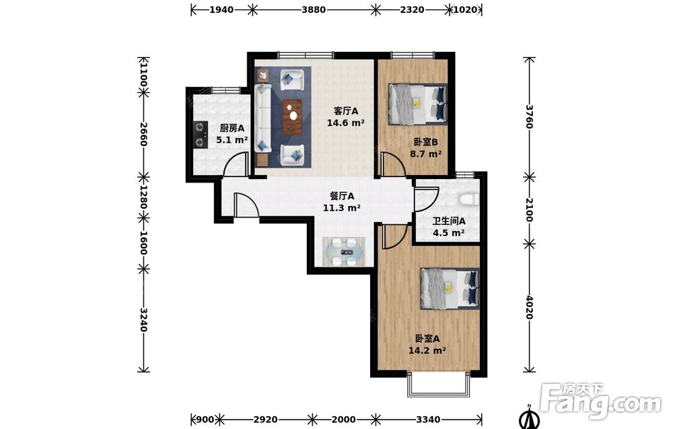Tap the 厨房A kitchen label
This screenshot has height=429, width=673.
pos(232,128)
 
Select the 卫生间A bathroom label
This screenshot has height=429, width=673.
pos(448,221)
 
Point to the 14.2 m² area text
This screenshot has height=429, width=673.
pos(427,350)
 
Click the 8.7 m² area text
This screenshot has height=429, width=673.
pos(426,154)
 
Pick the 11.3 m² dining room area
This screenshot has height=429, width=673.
pos(342,208)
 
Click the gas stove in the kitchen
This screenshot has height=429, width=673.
pos(200,135)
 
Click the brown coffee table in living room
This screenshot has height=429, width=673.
pos(292,117)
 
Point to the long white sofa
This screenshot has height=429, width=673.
pos(262,118)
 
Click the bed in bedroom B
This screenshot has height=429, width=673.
pos(418,104)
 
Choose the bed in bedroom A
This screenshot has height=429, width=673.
pos(450,288)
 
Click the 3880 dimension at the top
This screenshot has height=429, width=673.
pos(314,9)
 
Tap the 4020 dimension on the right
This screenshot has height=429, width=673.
pos(529,308)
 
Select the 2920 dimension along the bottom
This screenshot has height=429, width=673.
pos(266,419)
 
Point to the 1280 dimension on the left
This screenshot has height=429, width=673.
pos(143,197)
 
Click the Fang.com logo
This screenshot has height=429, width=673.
pos(600,401)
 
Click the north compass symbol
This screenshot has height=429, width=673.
pos(530,417)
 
